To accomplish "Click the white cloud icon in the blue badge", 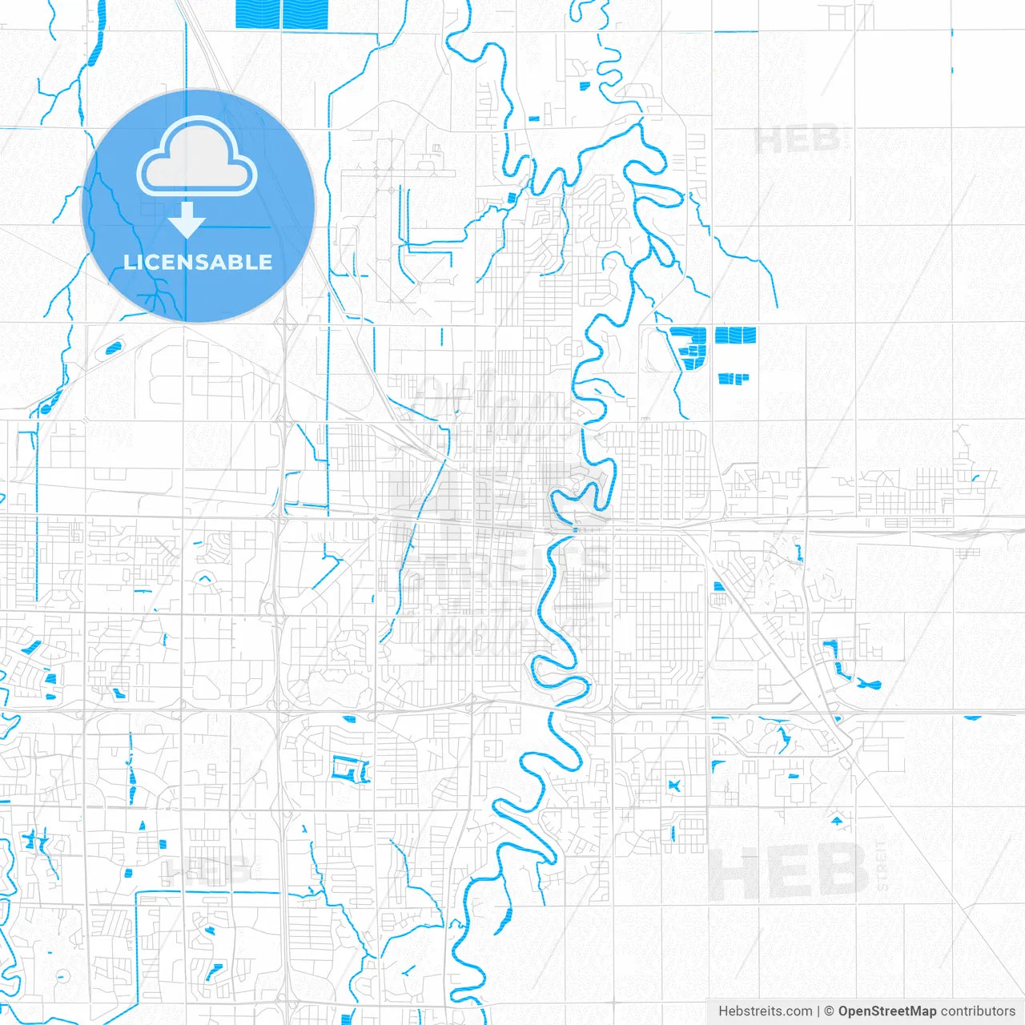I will pos(197,159).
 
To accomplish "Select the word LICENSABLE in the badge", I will pos(198,262).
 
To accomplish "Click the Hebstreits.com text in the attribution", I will pos(765,1011).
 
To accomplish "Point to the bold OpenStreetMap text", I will pos(887,1011).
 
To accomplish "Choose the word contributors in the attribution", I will pos(977,1011).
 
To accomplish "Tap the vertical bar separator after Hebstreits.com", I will pos(818,1011).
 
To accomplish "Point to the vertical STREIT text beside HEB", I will pos(882,865).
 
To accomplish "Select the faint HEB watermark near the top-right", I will pos(797,140).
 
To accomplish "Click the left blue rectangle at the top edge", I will pos(258,13).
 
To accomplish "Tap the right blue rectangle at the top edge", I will pos(305,14).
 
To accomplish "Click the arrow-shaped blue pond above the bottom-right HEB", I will pos(838,821).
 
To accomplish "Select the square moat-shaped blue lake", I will pos(350,769).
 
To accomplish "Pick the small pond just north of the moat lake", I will pos(349,718).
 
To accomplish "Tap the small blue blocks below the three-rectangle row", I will pos(733,378).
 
